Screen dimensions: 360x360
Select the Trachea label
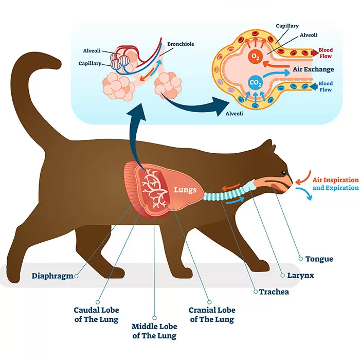(274, 292)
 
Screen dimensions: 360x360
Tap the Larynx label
(301, 275)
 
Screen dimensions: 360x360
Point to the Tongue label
(319, 259)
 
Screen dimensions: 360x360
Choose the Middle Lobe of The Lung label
(154, 331)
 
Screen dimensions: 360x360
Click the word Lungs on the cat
(185, 190)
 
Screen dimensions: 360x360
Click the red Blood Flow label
(326, 53)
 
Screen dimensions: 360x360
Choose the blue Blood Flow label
(326, 86)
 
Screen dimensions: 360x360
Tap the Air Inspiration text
(335, 179)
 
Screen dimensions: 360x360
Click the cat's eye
(282, 172)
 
